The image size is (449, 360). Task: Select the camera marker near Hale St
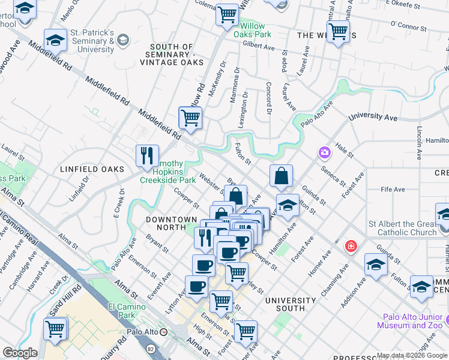(x=325, y=152)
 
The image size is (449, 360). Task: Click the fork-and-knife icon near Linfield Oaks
(x=147, y=156)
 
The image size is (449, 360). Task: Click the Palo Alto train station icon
(x=180, y=332)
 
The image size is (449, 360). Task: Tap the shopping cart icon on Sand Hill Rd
(x=55, y=328)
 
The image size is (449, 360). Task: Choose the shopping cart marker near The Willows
(x=338, y=31)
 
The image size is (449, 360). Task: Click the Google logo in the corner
(x=20, y=353)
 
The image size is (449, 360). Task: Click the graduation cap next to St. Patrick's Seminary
(x=55, y=40)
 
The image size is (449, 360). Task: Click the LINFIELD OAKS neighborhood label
(x=91, y=170)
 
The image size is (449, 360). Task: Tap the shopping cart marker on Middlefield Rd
(x=190, y=118)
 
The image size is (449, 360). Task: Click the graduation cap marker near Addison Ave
(x=376, y=264)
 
